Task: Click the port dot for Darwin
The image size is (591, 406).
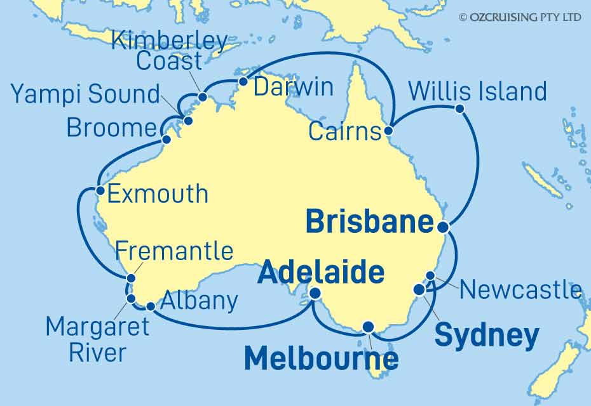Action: click(x=243, y=81)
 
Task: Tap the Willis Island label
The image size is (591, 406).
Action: click(x=477, y=91)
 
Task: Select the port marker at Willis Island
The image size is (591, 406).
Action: click(x=460, y=108)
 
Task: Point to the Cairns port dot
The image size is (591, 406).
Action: click(x=388, y=131)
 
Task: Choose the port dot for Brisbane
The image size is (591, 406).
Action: click(x=443, y=226)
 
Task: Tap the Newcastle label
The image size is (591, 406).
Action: click(x=520, y=290)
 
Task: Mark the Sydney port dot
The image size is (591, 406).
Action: click(x=419, y=289)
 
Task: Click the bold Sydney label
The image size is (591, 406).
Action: click(x=487, y=336)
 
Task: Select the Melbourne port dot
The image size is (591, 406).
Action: click(x=368, y=327)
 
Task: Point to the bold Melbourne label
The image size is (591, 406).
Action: click(x=322, y=359)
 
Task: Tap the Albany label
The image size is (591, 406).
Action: click(x=200, y=300)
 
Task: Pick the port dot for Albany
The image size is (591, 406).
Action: click(x=151, y=306)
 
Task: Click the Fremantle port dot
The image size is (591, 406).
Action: click(x=132, y=278)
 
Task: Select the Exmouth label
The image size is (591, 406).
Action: click(x=158, y=193)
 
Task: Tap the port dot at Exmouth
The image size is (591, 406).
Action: click(x=100, y=190)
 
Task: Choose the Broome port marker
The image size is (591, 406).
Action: click(x=166, y=140)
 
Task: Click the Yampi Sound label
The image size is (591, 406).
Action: click(x=86, y=95)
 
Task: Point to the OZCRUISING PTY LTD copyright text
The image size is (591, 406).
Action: click(x=520, y=17)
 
